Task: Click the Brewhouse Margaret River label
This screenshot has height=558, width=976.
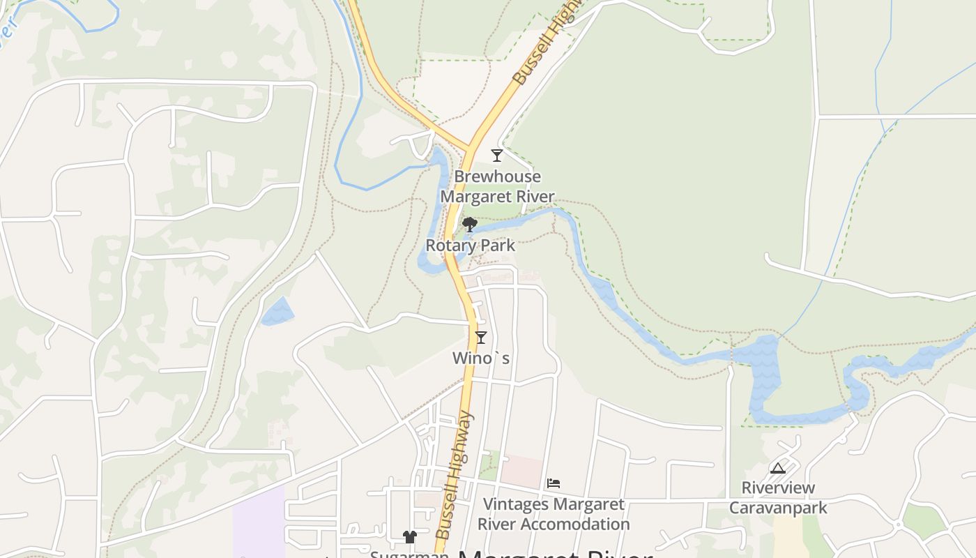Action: [x=497, y=187]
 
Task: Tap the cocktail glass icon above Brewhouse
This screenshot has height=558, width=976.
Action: [x=497, y=156]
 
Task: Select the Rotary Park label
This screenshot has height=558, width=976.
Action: [x=471, y=246]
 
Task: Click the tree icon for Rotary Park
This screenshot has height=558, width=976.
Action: [x=470, y=225]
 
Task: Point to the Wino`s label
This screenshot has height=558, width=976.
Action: [x=481, y=359]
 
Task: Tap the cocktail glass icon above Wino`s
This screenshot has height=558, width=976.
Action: [x=480, y=338]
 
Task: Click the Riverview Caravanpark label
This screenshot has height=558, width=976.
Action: [x=778, y=497]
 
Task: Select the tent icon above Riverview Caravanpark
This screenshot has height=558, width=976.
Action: [x=778, y=468]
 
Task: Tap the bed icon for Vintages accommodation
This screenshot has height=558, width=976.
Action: [x=554, y=483]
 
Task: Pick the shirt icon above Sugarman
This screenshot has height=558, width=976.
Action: [x=409, y=537]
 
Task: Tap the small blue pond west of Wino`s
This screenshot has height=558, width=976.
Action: [x=277, y=312]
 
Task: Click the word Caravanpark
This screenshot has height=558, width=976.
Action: [x=778, y=507]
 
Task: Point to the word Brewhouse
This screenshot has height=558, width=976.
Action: [x=497, y=177]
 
